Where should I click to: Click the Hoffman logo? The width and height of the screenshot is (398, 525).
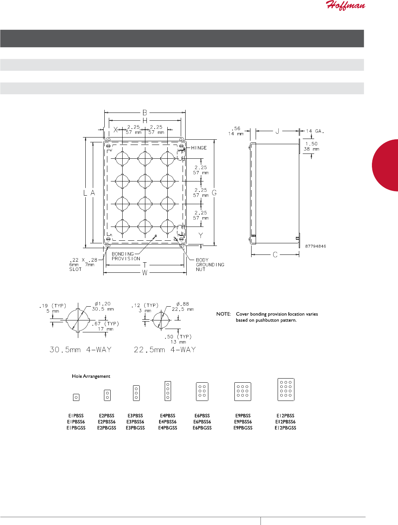(345, 5)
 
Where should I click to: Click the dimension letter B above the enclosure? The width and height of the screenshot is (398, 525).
(145, 113)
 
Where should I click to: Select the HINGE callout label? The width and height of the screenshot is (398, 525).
(199, 148)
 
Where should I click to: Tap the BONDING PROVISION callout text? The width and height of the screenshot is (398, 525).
(126, 256)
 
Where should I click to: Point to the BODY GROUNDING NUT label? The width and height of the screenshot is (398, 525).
(210, 265)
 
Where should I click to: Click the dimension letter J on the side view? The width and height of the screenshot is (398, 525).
(277, 131)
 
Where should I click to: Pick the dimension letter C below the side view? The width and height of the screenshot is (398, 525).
(275, 255)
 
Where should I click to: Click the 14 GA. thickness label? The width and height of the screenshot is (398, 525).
(315, 131)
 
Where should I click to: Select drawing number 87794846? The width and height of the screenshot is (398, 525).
(316, 246)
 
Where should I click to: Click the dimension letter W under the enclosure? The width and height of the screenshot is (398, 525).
(145, 272)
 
